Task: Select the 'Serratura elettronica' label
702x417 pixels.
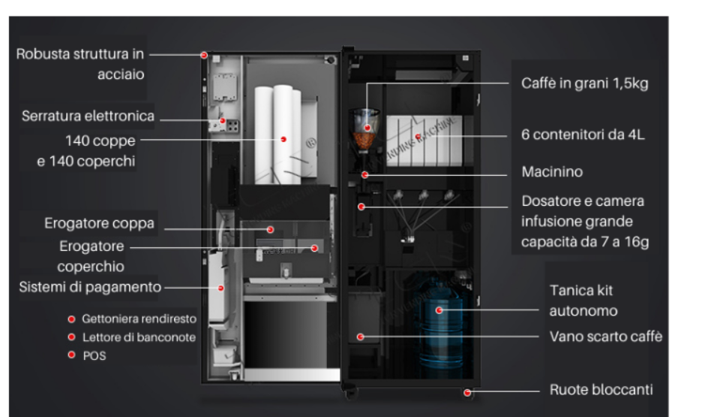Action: coord(88,116)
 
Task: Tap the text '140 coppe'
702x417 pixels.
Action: coord(101,140)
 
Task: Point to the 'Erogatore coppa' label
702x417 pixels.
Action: coord(99,224)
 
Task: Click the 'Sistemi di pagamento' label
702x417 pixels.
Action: coord(91,286)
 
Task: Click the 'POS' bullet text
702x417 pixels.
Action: coord(95,356)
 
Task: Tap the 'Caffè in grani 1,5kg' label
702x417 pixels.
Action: coord(584,84)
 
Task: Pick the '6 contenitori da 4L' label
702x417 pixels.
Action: coord(583,135)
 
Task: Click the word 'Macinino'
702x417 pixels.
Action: coord(552,173)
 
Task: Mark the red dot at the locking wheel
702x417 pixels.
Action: coord(467,391)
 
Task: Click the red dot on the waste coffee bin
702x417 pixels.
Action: coord(361,337)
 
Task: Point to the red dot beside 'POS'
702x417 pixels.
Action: coord(72,356)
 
